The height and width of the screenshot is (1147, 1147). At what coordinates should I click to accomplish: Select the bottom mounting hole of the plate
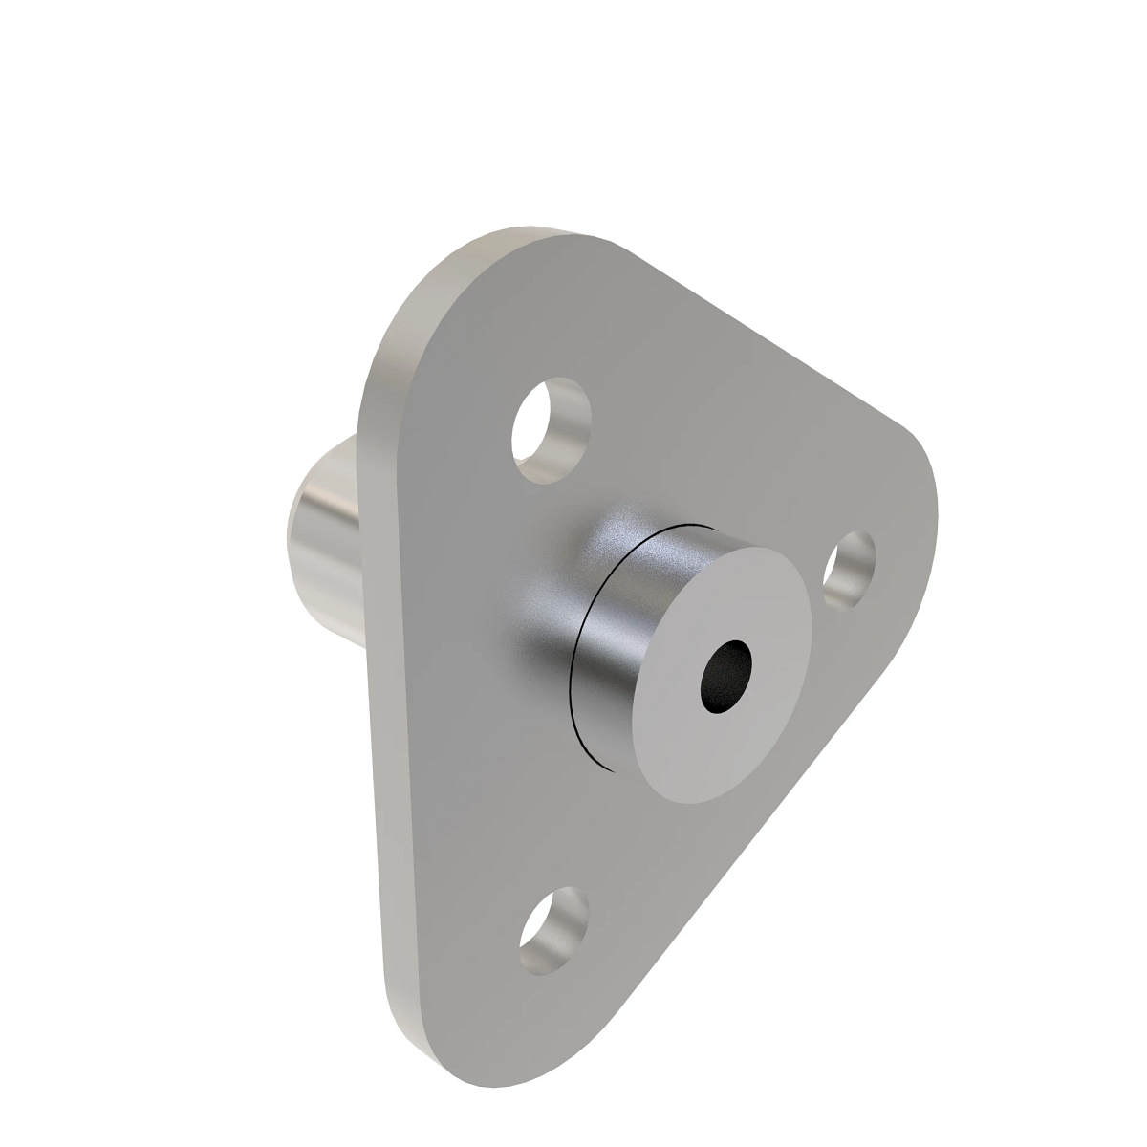(553, 930)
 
